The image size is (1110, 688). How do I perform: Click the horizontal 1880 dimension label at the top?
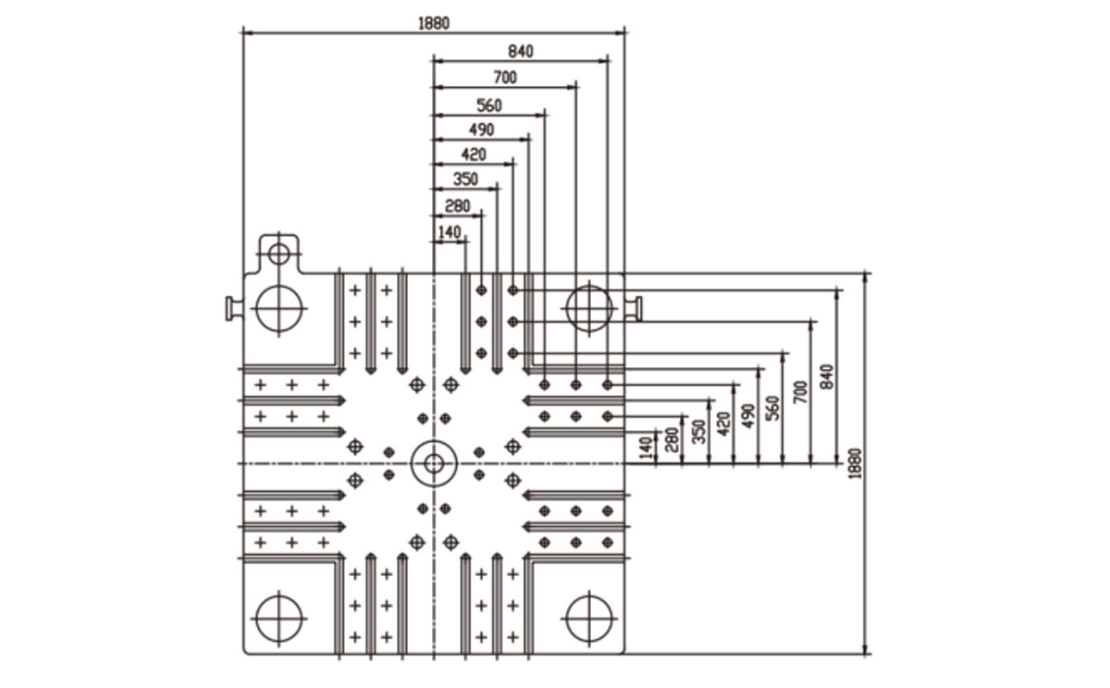click(434, 23)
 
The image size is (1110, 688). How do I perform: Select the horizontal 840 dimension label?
click(521, 52)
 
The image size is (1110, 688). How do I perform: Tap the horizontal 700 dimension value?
click(505, 78)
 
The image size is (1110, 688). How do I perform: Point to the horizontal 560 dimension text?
click(489, 105)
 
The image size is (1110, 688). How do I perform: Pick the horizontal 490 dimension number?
click(482, 129)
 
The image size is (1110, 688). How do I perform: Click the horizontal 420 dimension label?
click(474, 154)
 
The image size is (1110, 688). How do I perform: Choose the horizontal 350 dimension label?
click(466, 178)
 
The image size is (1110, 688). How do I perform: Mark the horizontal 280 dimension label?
click(457, 205)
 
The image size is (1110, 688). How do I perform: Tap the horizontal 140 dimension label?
click(450, 232)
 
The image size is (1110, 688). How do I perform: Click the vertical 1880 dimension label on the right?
click(856, 463)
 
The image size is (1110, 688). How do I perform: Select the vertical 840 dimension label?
click(827, 376)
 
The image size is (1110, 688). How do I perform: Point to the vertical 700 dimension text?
click(801, 392)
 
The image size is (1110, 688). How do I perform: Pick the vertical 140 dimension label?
click(646, 448)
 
